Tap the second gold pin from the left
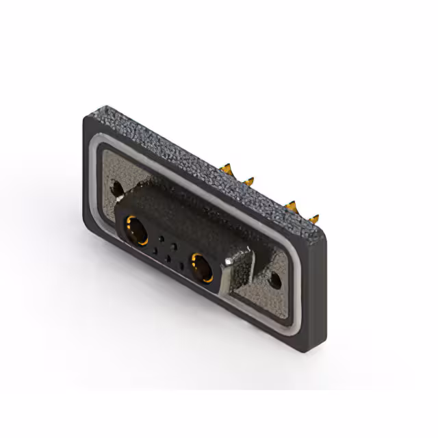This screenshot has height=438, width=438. tap(248, 179)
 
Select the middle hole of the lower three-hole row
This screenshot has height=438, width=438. tap(168, 258)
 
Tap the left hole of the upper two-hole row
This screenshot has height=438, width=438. tap(162, 238)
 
